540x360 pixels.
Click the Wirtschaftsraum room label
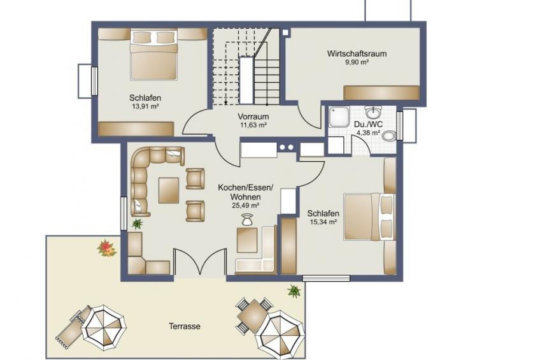tap(357, 54)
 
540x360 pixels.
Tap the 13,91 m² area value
tap(145, 106)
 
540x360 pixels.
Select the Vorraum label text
tap(253, 117)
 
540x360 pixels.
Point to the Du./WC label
tap(368, 125)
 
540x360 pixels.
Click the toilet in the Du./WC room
tap(390, 136)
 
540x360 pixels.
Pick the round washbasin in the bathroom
tap(373, 112)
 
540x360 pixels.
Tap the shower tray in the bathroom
tap(339, 117)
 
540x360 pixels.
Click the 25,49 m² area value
tap(246, 206)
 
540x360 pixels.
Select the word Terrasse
tap(185, 326)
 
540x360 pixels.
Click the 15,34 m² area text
tap(323, 222)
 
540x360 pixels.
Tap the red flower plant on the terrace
tap(107, 248)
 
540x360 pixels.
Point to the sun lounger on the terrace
tap(71, 327)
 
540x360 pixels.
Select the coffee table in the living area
tap(168, 190)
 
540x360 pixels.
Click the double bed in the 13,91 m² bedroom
tap(154, 55)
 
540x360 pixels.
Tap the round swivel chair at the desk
tap(246, 219)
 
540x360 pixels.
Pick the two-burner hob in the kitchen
tap(287, 147)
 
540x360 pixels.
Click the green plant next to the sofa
tap(138, 224)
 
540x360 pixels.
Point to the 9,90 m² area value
tap(357, 62)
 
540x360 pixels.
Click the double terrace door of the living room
tap(200, 261)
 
